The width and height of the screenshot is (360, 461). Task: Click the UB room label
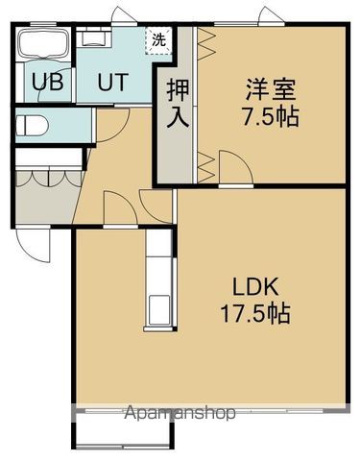coord(48,82)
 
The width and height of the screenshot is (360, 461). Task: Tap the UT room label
coord(109,82)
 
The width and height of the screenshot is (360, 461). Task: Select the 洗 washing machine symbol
coord(157,41)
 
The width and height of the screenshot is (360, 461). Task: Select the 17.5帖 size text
coord(253,314)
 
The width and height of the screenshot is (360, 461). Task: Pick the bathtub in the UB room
coord(41,44)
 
